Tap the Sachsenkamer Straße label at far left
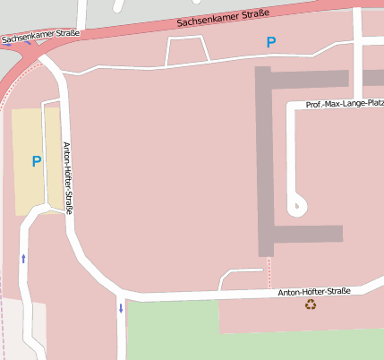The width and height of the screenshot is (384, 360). (x=40, y=37)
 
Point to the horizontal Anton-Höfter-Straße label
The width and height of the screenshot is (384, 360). (x=313, y=292)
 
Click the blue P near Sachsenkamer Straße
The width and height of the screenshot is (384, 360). (x=270, y=42)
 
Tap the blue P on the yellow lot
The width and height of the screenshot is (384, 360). (x=37, y=161)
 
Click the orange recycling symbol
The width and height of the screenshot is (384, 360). (x=311, y=304)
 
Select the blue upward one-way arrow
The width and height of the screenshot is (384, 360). (x=23, y=258)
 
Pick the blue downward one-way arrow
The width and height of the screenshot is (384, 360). (x=121, y=309)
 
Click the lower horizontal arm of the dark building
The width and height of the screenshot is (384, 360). (x=304, y=235)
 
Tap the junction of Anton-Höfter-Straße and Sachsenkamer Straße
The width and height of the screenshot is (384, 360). (x=39, y=57)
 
